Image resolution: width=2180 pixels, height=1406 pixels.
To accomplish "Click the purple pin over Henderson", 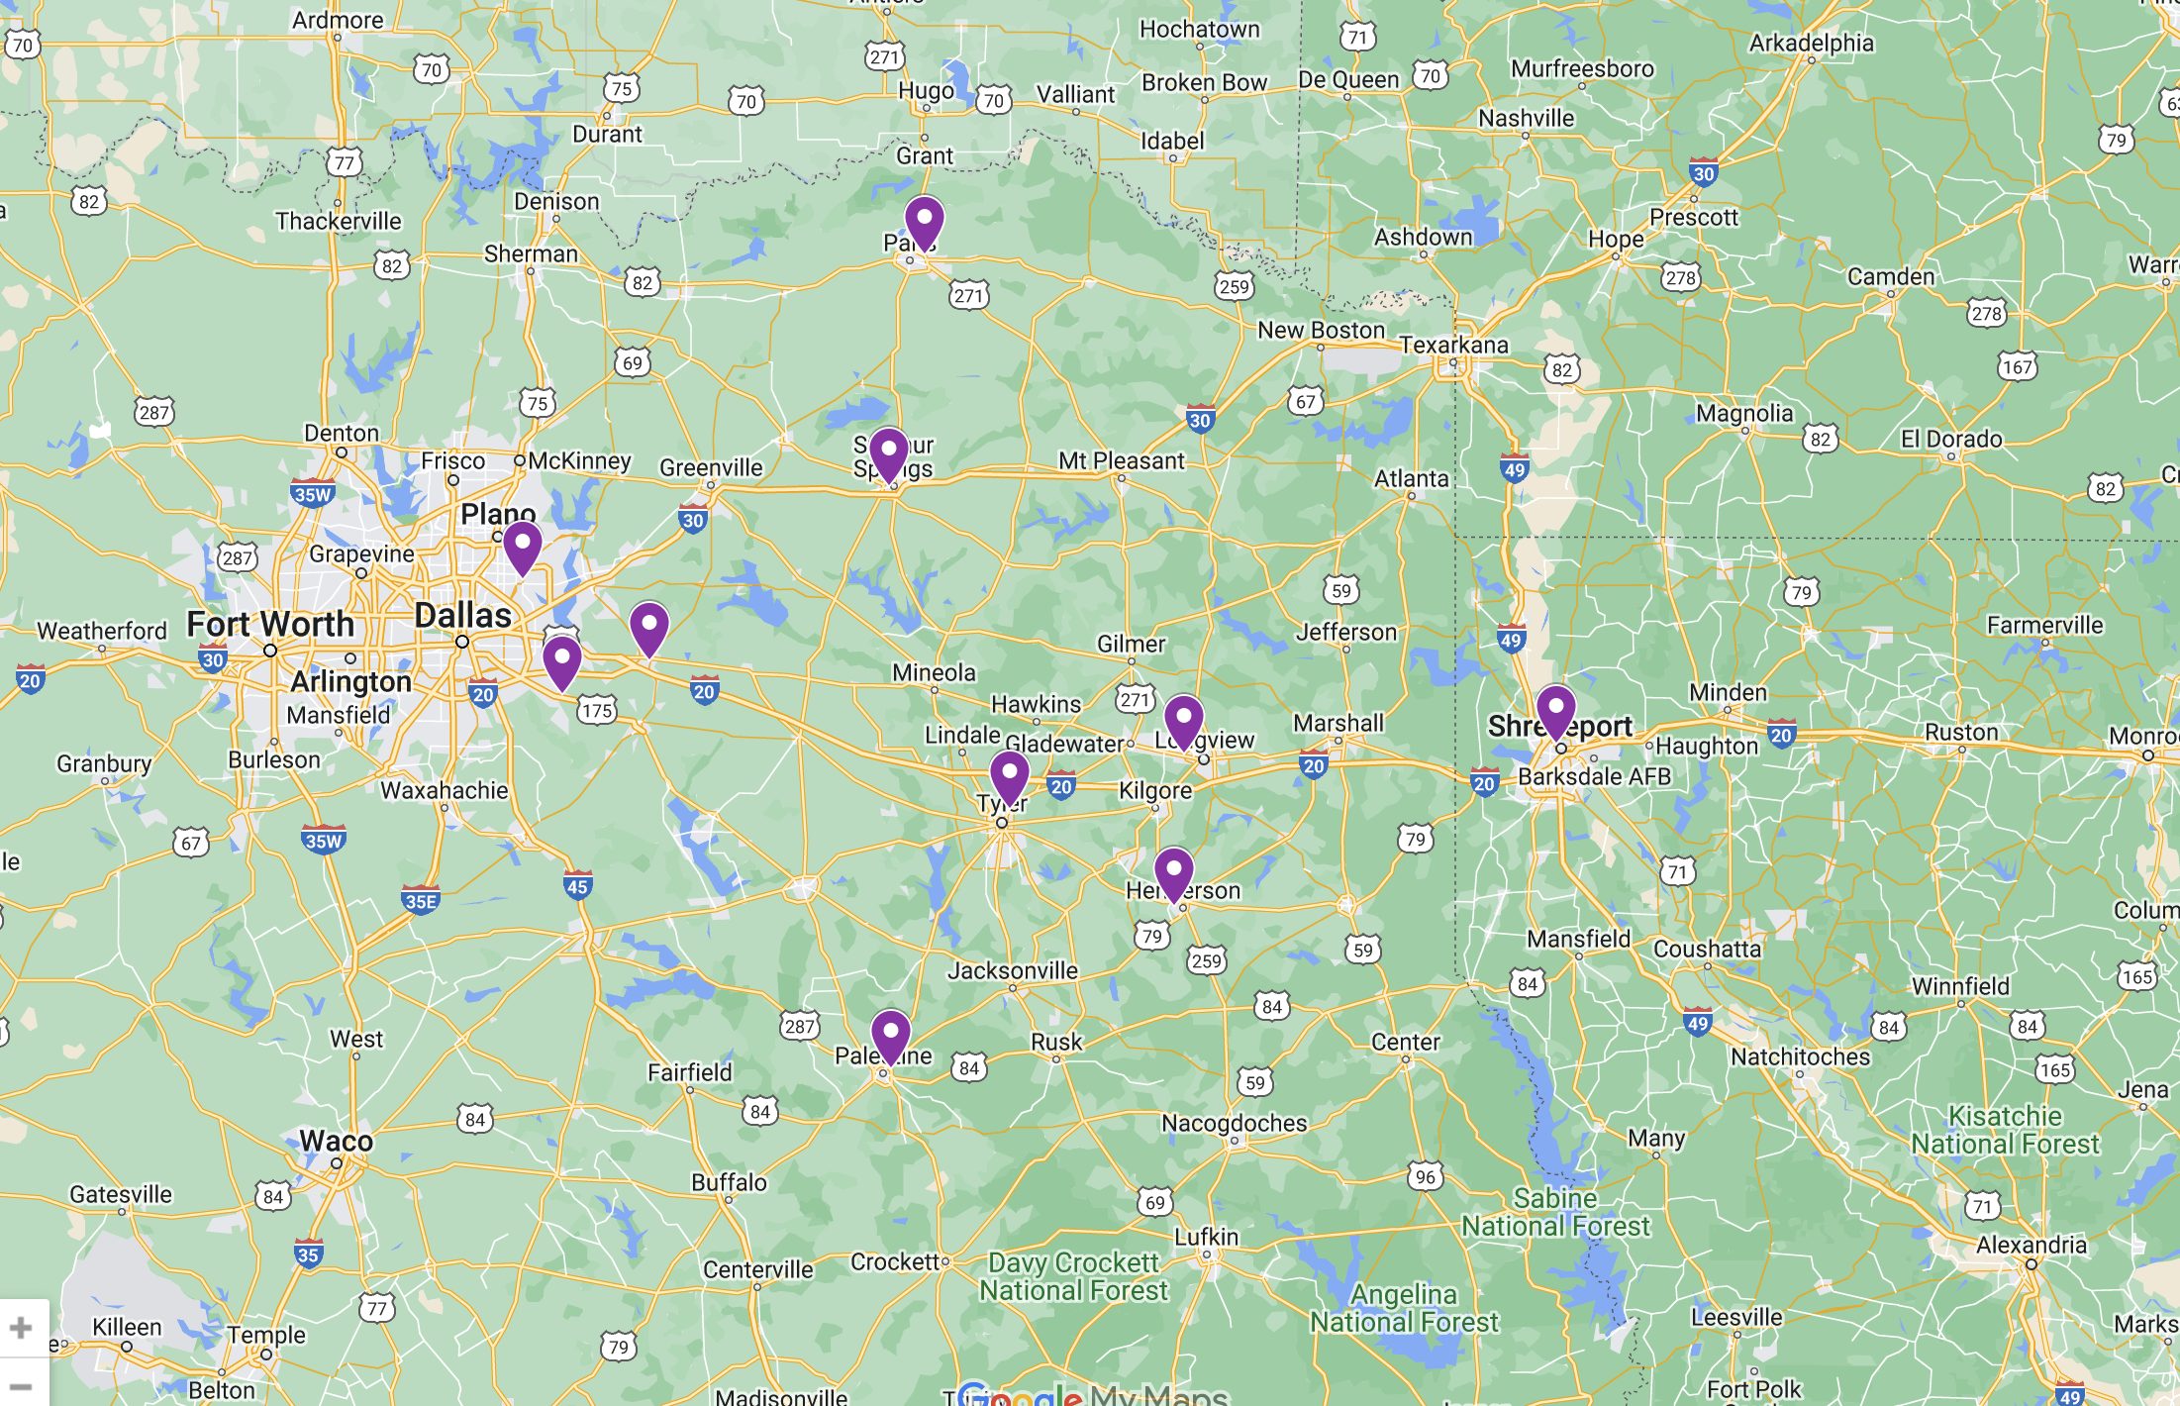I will click(1173, 872).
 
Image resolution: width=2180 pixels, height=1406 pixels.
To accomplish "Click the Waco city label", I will click(337, 1141).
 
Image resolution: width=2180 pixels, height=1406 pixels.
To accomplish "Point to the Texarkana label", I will click(1453, 345).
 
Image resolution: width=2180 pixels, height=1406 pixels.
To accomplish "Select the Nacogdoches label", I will click(1234, 1123).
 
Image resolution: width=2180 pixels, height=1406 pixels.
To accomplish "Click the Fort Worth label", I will click(270, 624).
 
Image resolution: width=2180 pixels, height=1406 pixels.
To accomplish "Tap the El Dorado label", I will click(1950, 439).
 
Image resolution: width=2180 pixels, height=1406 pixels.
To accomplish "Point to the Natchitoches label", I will click(1800, 1056).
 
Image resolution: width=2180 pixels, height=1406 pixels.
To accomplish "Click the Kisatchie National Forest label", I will click(2005, 1130).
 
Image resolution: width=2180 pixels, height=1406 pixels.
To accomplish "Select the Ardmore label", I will click(337, 20).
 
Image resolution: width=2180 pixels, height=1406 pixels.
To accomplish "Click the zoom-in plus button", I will click(21, 1327).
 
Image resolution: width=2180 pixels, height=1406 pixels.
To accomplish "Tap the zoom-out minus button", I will click(21, 1387).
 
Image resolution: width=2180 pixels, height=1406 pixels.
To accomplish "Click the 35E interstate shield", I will click(421, 900).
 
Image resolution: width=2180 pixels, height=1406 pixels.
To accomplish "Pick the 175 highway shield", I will click(597, 710).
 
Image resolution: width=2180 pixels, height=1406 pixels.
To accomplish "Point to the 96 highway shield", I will click(1425, 1176).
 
